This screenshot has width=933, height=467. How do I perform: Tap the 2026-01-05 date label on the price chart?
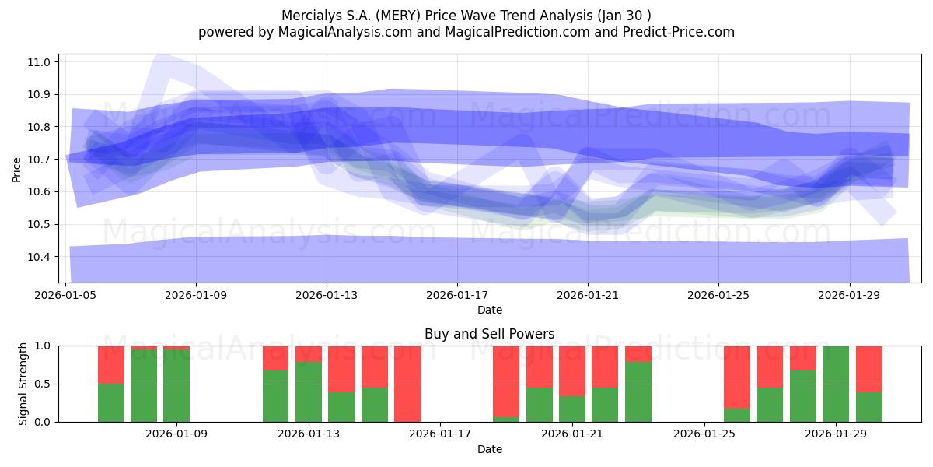66,296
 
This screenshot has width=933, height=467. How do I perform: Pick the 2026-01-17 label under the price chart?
457,296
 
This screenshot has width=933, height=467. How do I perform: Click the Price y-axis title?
17,168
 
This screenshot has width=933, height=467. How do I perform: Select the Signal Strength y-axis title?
23,384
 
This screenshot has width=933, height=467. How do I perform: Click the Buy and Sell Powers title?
489,334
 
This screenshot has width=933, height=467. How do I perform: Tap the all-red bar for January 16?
407,384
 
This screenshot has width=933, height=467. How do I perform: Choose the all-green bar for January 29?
836,384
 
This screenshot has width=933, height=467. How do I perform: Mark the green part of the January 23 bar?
638,392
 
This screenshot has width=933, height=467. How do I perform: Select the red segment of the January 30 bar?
868,368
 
